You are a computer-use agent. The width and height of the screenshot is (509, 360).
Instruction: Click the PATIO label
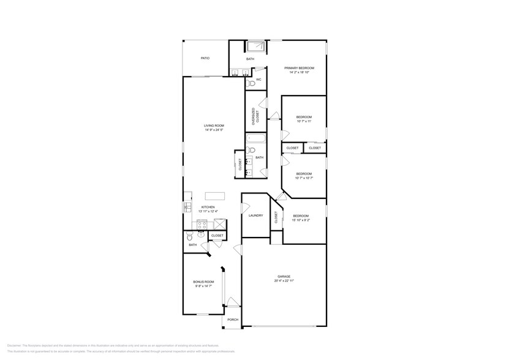coord(205,58)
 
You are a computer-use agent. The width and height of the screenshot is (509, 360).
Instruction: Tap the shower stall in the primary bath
coord(255,47)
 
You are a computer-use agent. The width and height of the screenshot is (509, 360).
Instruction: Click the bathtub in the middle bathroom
coord(255,139)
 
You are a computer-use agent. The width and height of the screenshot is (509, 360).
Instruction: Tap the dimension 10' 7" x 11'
coord(304,121)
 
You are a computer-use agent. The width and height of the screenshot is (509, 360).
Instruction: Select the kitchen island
coord(214,196)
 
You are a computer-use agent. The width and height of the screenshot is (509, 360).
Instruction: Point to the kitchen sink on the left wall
coord(187,208)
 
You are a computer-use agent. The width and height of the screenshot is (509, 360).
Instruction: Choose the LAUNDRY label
coord(255,216)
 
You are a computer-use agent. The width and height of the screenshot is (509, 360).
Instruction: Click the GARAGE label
coord(284,276)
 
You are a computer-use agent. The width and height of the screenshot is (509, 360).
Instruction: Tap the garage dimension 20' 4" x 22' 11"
coord(284,280)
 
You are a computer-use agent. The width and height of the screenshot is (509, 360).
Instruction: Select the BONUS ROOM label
coord(204,282)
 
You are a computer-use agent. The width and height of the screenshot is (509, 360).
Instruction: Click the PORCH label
coord(232,320)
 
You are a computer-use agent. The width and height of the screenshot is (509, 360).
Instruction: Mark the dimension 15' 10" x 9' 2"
coord(300,220)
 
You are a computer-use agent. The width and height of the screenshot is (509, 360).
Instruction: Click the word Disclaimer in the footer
coord(14,346)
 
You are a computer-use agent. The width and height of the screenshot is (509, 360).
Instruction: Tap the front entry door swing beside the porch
coord(232,301)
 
